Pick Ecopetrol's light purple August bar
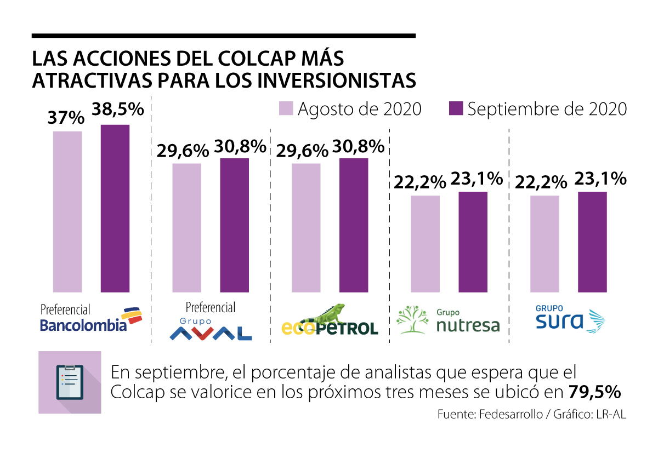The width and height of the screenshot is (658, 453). pyautogui.click(x=305, y=227)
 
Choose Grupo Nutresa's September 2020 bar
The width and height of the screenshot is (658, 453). pyautogui.click(x=473, y=242)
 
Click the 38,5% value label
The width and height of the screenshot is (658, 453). pyautogui.click(x=117, y=109)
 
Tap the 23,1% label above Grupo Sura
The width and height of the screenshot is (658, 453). pyautogui.click(x=600, y=179)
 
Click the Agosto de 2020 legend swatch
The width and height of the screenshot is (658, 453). pyautogui.click(x=286, y=108)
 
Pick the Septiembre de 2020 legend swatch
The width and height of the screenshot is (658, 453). pyautogui.click(x=456, y=108)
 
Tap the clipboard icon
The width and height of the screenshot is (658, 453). pyautogui.click(x=70, y=382)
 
